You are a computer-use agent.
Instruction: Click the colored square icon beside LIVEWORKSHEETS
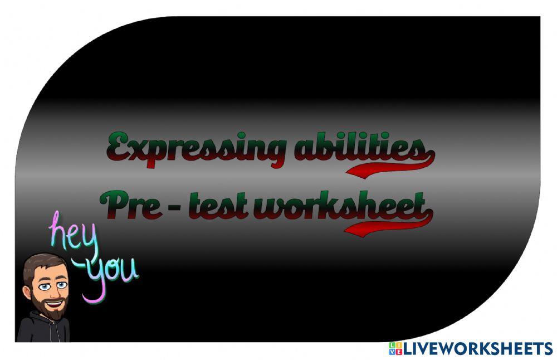click(x=395, y=349)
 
